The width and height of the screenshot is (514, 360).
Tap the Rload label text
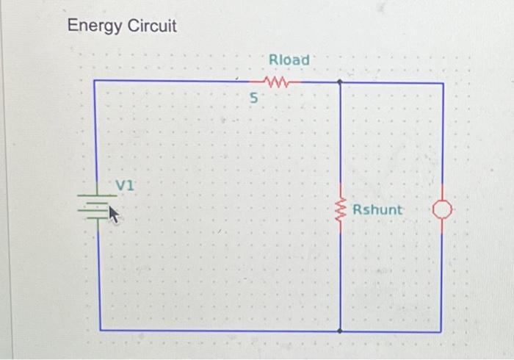pos(289,59)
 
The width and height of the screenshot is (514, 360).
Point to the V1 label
pos(126,184)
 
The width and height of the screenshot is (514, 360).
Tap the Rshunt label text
pos(377,210)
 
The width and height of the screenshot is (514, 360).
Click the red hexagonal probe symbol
pos(441,211)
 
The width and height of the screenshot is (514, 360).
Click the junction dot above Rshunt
pos(340,82)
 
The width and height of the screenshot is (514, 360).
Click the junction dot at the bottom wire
pos(340,331)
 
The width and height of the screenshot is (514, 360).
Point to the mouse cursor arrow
pos(113,213)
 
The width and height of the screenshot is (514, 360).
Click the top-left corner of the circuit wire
pos(95,81)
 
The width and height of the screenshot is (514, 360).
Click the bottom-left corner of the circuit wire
pos(98,331)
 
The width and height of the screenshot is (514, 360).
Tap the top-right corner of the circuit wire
pos(443,83)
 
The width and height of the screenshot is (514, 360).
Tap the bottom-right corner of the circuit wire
pos(441,331)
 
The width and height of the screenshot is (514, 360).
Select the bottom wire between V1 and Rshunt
pos(220,331)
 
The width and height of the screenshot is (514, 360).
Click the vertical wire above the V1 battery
pos(95,132)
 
